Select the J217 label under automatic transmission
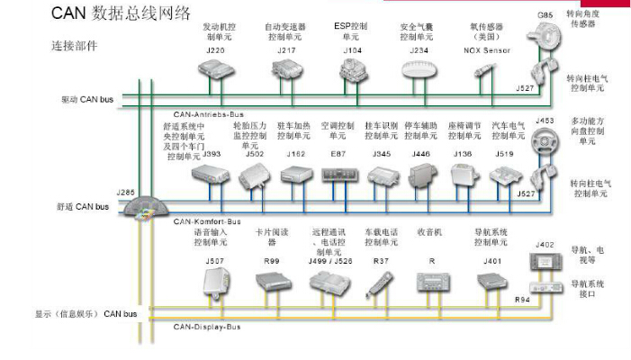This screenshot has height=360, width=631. [285, 52]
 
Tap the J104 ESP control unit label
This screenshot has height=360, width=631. [352, 52]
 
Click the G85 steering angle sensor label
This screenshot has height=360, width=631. [545, 15]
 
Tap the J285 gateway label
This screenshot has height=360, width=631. [125, 192]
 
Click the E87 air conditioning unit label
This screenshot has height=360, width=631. [338, 155]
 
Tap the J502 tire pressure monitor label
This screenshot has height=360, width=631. [255, 155]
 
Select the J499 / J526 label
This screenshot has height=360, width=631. [331, 261]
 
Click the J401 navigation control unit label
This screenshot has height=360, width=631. [491, 261]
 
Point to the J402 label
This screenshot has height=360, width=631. [545, 244]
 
